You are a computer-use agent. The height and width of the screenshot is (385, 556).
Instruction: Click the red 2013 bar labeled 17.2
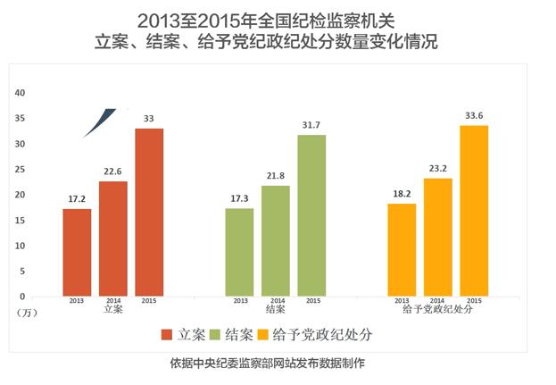coord(77,252)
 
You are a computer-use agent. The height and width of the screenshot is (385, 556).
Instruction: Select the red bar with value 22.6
coord(113,239)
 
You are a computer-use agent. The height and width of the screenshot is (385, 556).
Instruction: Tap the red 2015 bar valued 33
coord(149,212)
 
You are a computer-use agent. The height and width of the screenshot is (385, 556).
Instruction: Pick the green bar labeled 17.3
coord(239,252)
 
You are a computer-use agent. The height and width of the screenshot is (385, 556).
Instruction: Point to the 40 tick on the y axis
coord(21,93)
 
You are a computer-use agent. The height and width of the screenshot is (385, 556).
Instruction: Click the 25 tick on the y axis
coord(21,170)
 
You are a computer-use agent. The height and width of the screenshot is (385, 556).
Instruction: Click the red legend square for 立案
coord(167,335)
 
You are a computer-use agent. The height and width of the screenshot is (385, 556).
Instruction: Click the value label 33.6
coord(475,115)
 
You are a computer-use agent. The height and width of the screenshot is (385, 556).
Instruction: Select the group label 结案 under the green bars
coord(276,309)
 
